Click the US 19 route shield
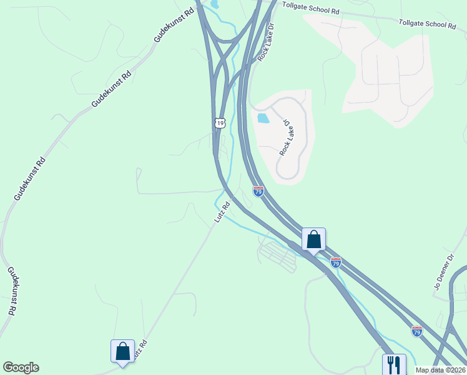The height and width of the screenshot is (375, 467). tap(219, 122)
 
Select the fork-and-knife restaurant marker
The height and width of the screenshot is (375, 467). tap(394, 363)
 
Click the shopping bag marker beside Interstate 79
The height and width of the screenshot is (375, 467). tap(313, 238)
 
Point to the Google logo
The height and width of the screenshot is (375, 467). tap(21, 367)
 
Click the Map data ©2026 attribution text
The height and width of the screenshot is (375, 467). tap(441, 370)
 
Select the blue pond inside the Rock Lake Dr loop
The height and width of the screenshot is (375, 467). tap(263, 117)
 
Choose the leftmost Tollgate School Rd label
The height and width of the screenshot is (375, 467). tap(310, 8)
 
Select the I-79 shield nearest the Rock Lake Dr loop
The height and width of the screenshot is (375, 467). tap(258, 191)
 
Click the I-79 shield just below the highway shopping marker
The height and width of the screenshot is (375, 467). tap(336, 263)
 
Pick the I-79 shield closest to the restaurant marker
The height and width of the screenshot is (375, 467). tap(416, 331)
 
